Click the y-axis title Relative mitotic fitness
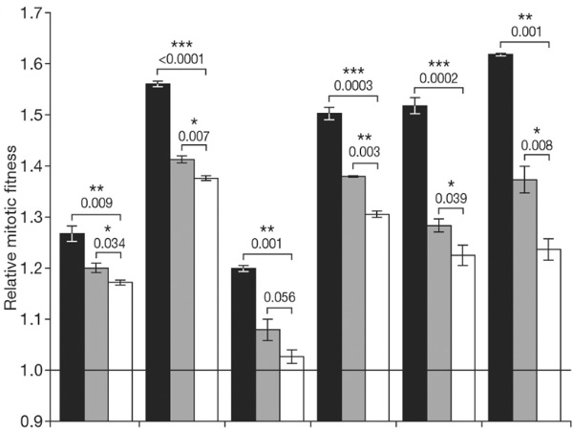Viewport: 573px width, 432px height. click(12, 216)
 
